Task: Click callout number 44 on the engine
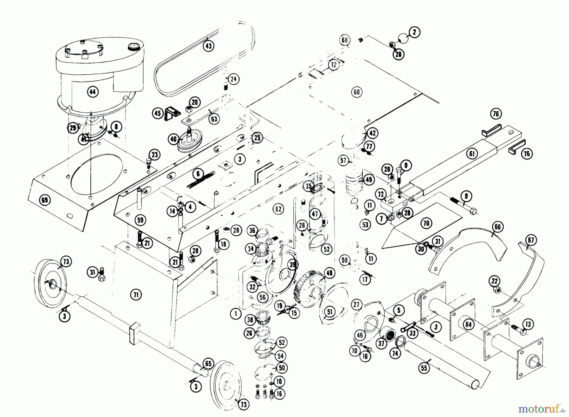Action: [92, 92]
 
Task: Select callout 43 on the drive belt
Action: [208, 46]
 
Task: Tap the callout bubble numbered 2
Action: [414, 32]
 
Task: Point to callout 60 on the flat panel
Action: [357, 92]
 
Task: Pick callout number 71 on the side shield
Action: [136, 295]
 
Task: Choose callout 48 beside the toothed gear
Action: [329, 273]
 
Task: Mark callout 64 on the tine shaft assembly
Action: [468, 325]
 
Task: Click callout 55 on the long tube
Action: [424, 368]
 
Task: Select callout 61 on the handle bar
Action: [472, 154]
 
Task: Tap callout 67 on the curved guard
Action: [531, 240]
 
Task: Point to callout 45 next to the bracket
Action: [158, 113]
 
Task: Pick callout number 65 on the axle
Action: [208, 364]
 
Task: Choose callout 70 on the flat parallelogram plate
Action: [426, 223]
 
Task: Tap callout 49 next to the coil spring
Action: [369, 180]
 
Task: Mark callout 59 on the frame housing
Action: [140, 220]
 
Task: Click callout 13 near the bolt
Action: [528, 324]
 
